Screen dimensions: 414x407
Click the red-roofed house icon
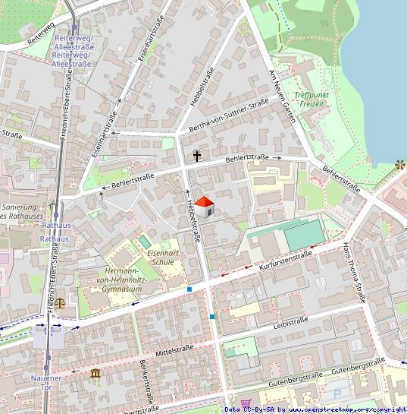[x=205, y=206]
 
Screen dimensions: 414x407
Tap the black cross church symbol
[x=197, y=156]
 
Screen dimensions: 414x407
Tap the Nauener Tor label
[x=46, y=382]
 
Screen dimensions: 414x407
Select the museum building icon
[x=95, y=374]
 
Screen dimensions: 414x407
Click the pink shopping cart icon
[x=245, y=403]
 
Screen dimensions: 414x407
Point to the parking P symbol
[x=337, y=394]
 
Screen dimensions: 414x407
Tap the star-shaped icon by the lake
[x=399, y=164]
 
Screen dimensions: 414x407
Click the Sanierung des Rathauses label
[x=20, y=211]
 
